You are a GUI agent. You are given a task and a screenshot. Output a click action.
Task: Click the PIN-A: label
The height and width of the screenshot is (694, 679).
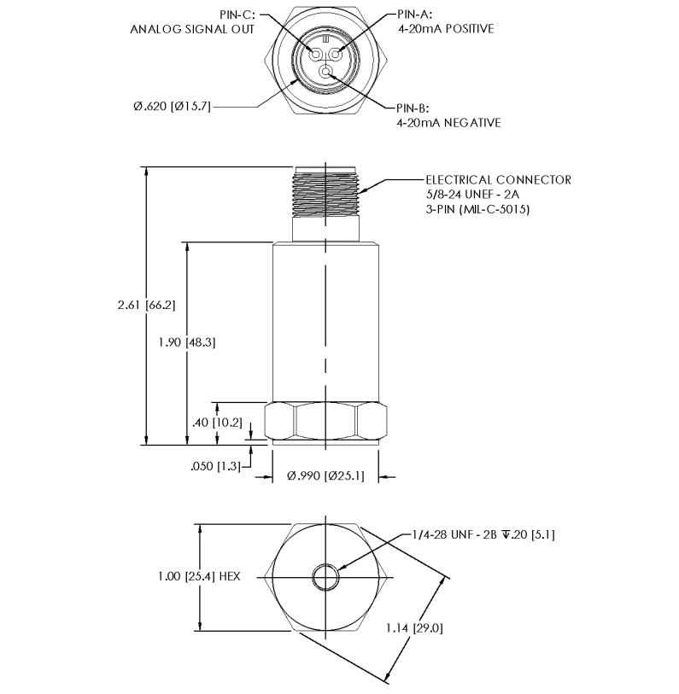tap(414, 15)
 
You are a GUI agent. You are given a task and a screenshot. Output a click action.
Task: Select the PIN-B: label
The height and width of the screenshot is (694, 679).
tap(413, 108)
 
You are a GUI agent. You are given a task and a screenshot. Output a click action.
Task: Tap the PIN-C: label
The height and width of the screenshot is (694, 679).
tap(237, 15)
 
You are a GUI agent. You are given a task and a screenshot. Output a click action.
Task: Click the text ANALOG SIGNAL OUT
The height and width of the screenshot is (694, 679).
tap(192, 29)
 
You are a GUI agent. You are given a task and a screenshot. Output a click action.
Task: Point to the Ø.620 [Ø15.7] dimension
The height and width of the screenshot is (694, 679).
tap(172, 106)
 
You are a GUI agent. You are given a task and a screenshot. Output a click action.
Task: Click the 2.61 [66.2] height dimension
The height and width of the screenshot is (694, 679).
tap(146, 305)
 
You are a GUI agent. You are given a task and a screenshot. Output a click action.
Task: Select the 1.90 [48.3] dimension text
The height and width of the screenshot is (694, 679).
tap(187, 342)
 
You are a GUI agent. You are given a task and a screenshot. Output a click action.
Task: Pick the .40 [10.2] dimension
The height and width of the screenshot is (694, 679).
tap(217, 423)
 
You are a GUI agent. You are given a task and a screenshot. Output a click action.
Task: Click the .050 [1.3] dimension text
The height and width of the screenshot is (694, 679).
tap(215, 466)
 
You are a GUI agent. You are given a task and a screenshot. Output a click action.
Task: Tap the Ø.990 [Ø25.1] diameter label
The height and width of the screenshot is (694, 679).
tap(325, 475)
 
